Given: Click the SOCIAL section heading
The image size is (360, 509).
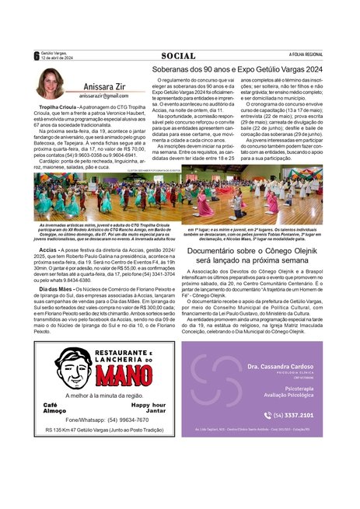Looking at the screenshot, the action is [179, 56].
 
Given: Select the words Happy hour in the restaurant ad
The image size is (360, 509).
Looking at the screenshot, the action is [148, 405].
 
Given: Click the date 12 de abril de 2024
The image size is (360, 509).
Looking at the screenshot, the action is [57, 58].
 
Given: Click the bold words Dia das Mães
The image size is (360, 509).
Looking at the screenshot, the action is [55, 288].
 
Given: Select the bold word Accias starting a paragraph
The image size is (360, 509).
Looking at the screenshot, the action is [47, 250].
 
